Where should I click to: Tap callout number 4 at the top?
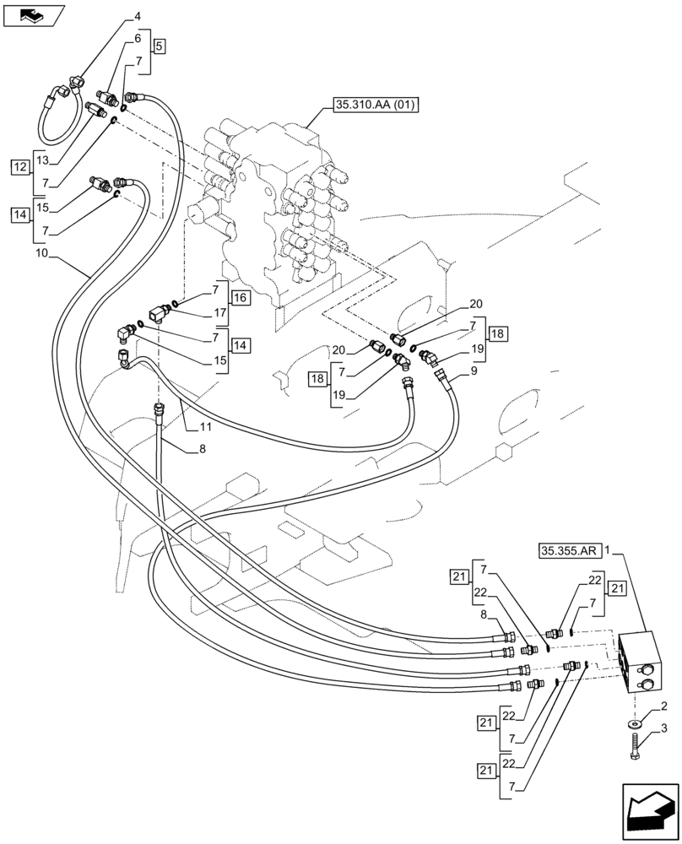(x=138, y=16)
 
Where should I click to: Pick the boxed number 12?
(x=19, y=167)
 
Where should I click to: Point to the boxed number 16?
(x=239, y=298)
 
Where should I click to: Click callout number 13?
(x=43, y=160)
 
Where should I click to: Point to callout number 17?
(x=220, y=312)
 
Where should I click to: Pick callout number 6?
(x=138, y=40)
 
